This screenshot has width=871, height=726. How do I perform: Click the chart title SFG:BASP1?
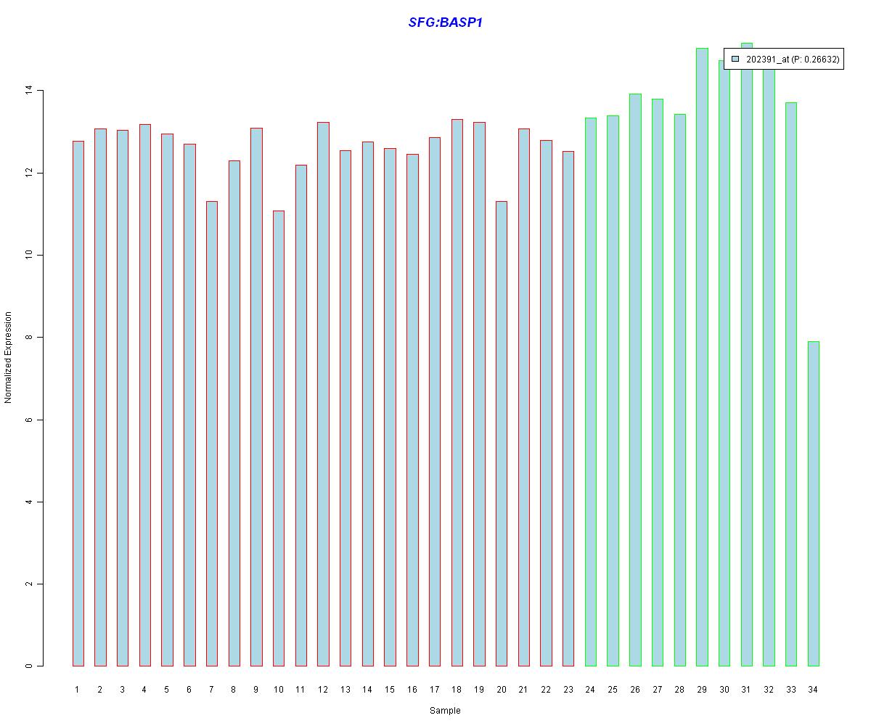(445, 23)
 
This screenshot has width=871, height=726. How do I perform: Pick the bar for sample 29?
(702, 356)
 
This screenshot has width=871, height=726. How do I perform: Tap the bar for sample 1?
(78, 403)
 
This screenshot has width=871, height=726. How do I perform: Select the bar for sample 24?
(591, 391)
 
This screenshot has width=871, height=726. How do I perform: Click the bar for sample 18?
(457, 392)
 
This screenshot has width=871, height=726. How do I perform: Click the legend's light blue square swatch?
(735, 59)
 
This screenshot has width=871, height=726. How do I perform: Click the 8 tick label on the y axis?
(29, 338)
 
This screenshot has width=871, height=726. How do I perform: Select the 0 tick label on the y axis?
(29, 666)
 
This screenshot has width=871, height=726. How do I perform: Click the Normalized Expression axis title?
(8, 357)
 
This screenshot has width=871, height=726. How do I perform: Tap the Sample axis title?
(445, 711)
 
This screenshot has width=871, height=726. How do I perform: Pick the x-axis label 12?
(323, 690)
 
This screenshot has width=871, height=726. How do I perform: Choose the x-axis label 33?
(790, 690)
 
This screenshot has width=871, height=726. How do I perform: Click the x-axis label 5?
(167, 690)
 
